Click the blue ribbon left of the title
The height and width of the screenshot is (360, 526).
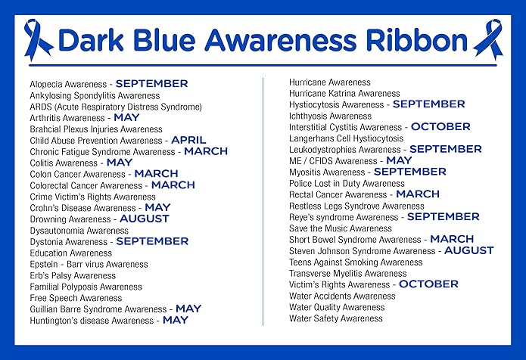coord(39,40)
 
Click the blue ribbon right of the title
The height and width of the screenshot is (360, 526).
coord(487,40)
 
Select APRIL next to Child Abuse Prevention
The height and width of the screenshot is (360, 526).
coord(188,140)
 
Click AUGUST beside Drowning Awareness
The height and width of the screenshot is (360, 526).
coord(145,219)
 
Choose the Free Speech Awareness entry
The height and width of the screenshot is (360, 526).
coord(76,298)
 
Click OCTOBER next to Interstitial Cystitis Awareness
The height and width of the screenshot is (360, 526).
coord(440,127)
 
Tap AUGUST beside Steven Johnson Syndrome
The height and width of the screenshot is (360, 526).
coord(468,250)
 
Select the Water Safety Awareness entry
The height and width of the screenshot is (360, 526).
coord(336,318)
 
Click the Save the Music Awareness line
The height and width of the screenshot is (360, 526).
coord(341,228)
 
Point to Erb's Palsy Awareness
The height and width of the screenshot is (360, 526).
coord(73,275)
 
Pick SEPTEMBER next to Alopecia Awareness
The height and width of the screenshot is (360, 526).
coord(151,84)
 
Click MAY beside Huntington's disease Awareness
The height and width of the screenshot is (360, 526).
coord(176,320)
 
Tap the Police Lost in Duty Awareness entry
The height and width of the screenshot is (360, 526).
coord(347,183)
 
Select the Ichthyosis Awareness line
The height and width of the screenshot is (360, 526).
coord(330,116)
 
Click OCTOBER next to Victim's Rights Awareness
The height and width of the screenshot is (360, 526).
coord(428,284)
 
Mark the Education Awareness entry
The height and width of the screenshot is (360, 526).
coord(71,253)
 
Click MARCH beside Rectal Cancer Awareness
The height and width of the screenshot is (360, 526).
coord(418,194)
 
